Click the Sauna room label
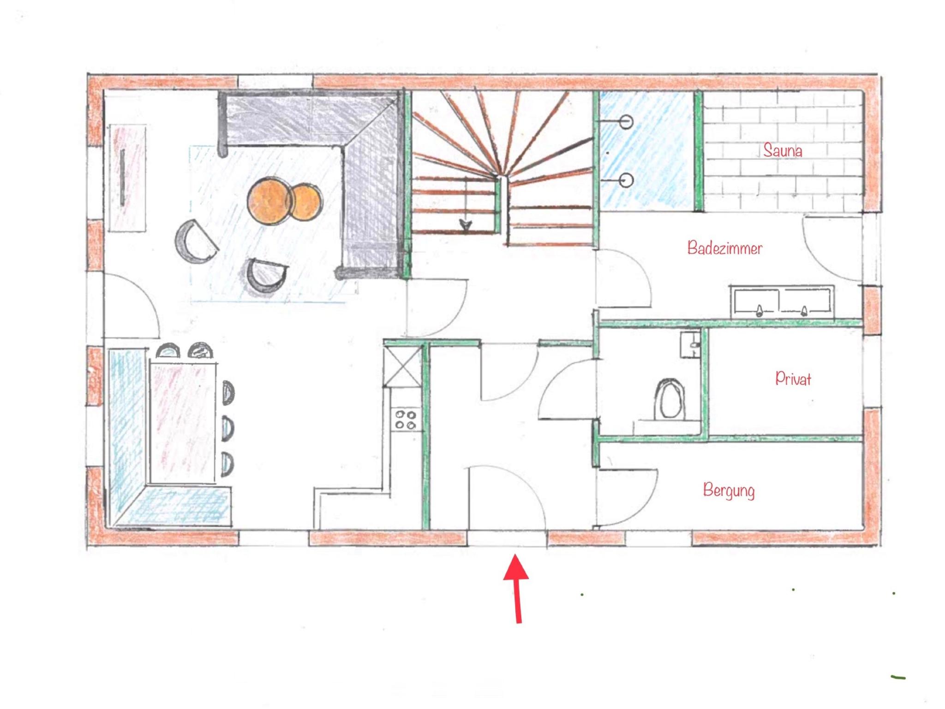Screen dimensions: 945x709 tap(782, 150)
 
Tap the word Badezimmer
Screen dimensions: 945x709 tap(724, 248)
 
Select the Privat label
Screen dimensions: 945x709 tap(793, 378)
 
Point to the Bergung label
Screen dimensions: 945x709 tap(729, 490)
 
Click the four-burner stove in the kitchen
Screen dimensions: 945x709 tap(406, 420)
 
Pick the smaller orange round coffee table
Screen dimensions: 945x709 tap(306, 202)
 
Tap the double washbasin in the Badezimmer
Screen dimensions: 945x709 tap(782, 301)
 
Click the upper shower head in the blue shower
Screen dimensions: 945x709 tap(626, 122)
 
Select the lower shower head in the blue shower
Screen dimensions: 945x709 tap(626, 180)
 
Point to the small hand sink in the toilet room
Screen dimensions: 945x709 tap(691, 344)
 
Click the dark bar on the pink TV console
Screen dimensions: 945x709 tap(123, 177)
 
